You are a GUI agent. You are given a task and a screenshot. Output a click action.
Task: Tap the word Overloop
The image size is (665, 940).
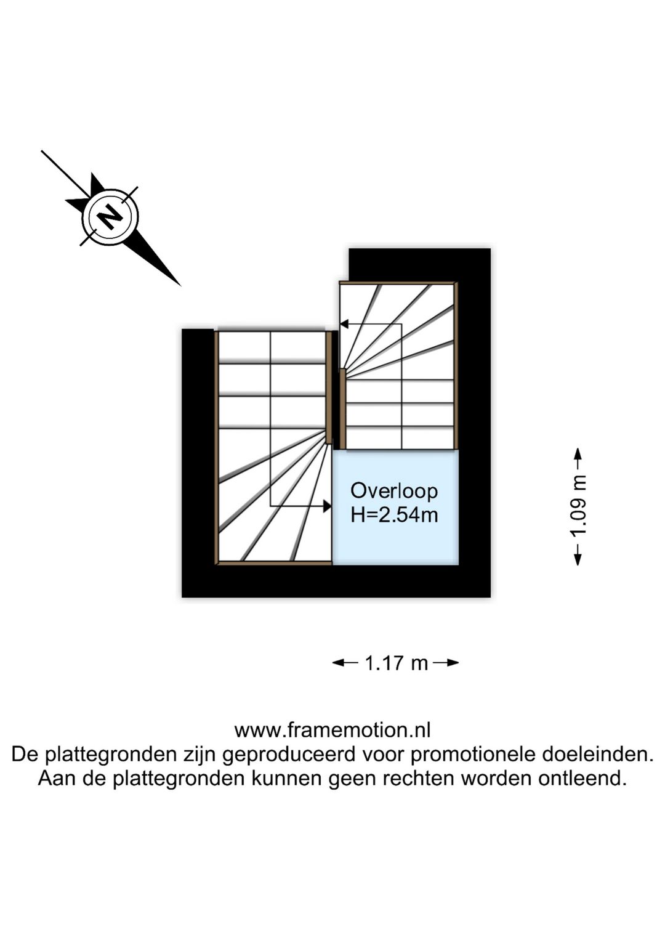pyautogui.click(x=394, y=491)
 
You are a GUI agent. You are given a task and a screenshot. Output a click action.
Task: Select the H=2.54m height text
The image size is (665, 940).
pyautogui.click(x=394, y=516)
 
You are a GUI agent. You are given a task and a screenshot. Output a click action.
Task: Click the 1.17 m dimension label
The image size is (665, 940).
pyautogui.click(x=396, y=663)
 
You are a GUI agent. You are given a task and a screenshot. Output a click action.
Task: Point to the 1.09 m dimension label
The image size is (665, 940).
pyautogui.click(x=579, y=506)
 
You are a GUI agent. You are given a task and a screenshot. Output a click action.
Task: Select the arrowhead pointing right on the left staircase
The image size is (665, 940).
pyautogui.click(x=327, y=506)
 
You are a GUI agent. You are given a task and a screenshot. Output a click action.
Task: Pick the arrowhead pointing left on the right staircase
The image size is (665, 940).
pyautogui.click(x=344, y=324)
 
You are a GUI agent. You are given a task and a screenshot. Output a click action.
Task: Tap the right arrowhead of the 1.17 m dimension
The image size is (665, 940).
pyautogui.click(x=453, y=663)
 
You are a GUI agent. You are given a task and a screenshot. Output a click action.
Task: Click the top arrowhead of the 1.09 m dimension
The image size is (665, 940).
pyautogui.click(x=578, y=455)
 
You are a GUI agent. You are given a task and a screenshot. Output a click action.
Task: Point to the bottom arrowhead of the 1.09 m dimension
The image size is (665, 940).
pyautogui.click(x=578, y=559)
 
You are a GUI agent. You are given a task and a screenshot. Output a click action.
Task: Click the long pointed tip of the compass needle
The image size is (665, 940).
pyautogui.click(x=180, y=286)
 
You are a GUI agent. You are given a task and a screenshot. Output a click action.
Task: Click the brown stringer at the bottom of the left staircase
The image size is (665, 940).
pyautogui.click(x=275, y=563)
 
